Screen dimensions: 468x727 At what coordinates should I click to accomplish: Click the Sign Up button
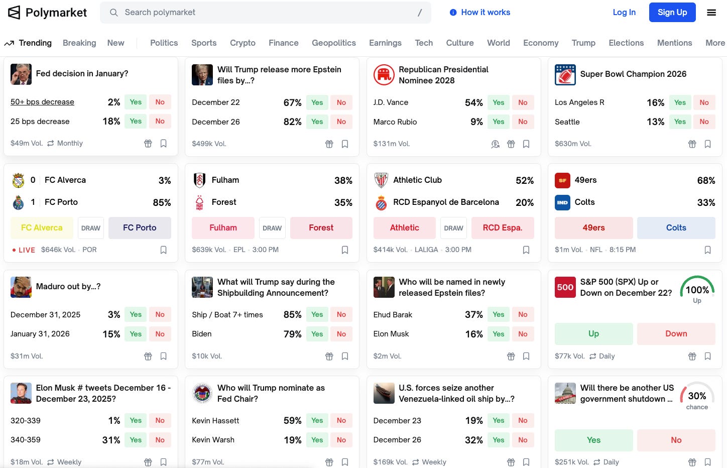pyautogui.click(x=672, y=13)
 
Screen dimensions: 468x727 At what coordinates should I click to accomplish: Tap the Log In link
pyautogui.click(x=624, y=13)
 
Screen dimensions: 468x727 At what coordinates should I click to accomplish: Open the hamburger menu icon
pyautogui.click(x=711, y=13)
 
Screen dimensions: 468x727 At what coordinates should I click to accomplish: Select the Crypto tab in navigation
pyautogui.click(x=243, y=43)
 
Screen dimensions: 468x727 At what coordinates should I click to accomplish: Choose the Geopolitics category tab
pyautogui.click(x=333, y=43)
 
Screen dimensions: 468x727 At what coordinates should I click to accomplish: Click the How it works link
pyautogui.click(x=480, y=13)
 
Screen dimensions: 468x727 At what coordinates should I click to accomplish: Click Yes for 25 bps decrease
pyautogui.click(x=136, y=122)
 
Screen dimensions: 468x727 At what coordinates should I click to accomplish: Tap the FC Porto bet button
pyautogui.click(x=140, y=228)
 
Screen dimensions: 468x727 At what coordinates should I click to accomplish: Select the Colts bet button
pyautogui.click(x=676, y=228)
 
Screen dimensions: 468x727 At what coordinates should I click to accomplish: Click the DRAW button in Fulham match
pyautogui.click(x=272, y=228)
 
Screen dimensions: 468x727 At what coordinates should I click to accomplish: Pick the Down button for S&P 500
pyautogui.click(x=676, y=334)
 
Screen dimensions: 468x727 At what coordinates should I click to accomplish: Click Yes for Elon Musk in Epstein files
pyautogui.click(x=498, y=334)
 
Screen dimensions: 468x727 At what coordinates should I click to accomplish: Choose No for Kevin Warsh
pyautogui.click(x=341, y=440)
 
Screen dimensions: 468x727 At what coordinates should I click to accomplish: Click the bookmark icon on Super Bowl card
pyautogui.click(x=707, y=144)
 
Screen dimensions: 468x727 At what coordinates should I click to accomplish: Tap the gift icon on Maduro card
pyautogui.click(x=148, y=357)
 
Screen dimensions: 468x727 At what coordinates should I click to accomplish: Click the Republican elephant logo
pyautogui.click(x=384, y=75)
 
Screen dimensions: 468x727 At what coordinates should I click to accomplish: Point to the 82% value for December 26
pyautogui.click(x=292, y=122)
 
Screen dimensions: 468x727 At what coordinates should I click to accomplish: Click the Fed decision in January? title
pyautogui.click(x=82, y=74)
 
